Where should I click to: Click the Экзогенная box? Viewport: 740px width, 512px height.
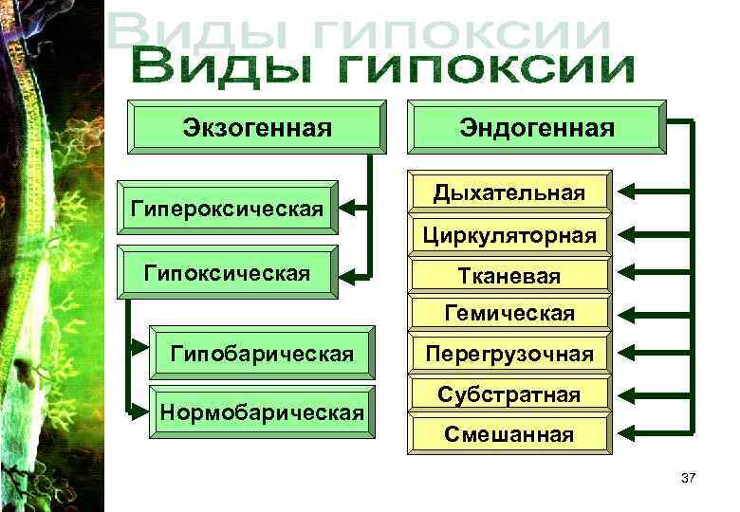coord(256,127)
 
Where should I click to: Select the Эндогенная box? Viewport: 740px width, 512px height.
coord(537,127)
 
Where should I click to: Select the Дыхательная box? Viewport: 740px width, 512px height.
coord(509,193)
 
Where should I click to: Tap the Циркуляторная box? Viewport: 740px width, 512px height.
coord(509,234)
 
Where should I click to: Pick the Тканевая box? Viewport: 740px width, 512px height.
coord(509,275)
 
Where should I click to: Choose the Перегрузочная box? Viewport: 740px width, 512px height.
coord(509,355)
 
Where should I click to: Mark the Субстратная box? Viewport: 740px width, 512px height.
coord(509,394)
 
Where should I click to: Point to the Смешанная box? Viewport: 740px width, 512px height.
coord(509,434)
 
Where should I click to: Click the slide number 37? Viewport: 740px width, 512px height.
coord(688,478)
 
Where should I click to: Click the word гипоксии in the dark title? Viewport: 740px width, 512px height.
coord(487,70)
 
